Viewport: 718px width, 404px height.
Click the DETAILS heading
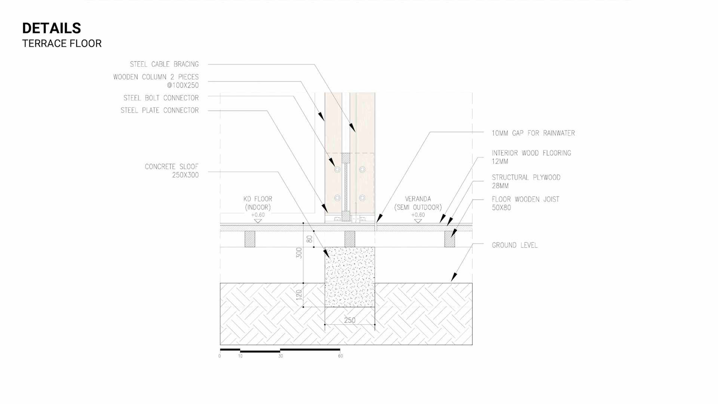[x=52, y=28]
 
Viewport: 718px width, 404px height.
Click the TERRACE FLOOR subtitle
[x=62, y=44]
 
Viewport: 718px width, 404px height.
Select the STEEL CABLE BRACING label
[x=164, y=64]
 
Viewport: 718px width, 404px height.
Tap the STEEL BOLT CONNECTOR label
[x=161, y=98]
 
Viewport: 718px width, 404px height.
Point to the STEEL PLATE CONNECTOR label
[x=159, y=110]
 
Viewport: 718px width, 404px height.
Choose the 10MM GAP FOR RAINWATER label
[x=533, y=133]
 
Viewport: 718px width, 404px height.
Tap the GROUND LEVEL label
[x=515, y=245]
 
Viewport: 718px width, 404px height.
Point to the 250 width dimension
[x=350, y=320]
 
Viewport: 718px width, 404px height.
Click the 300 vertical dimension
[x=299, y=253]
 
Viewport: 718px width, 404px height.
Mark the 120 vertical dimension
[x=299, y=295]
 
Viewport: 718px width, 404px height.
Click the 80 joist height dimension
[x=309, y=239]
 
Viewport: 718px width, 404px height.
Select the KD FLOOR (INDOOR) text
[x=258, y=203]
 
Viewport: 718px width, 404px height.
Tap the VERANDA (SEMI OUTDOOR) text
[x=418, y=203]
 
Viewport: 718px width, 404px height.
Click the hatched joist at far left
[x=250, y=239]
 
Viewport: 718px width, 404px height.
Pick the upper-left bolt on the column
[x=337, y=169]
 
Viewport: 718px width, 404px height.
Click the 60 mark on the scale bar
[x=340, y=356]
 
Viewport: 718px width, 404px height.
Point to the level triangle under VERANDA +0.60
[x=418, y=221]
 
